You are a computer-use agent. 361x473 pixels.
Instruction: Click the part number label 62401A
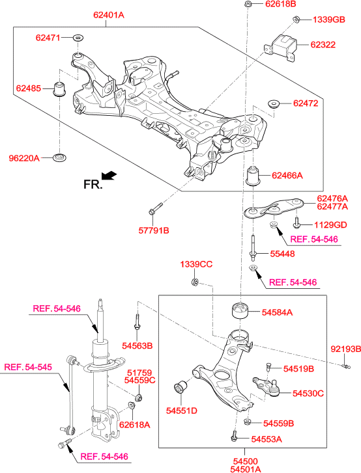tap(109, 15)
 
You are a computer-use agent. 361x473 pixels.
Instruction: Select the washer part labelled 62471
tap(79, 38)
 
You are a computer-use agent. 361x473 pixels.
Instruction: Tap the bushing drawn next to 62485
tap(60, 88)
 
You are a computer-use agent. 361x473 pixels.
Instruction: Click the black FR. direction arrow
tap(109, 175)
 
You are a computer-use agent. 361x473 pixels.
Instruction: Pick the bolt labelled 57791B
tap(155, 209)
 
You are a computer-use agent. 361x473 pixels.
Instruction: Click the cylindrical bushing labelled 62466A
tap(253, 176)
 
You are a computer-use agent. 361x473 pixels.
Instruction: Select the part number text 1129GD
tap(330, 224)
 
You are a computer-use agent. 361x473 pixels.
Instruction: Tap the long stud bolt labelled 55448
tap(253, 248)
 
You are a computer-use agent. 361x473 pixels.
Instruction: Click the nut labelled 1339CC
tap(195, 282)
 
